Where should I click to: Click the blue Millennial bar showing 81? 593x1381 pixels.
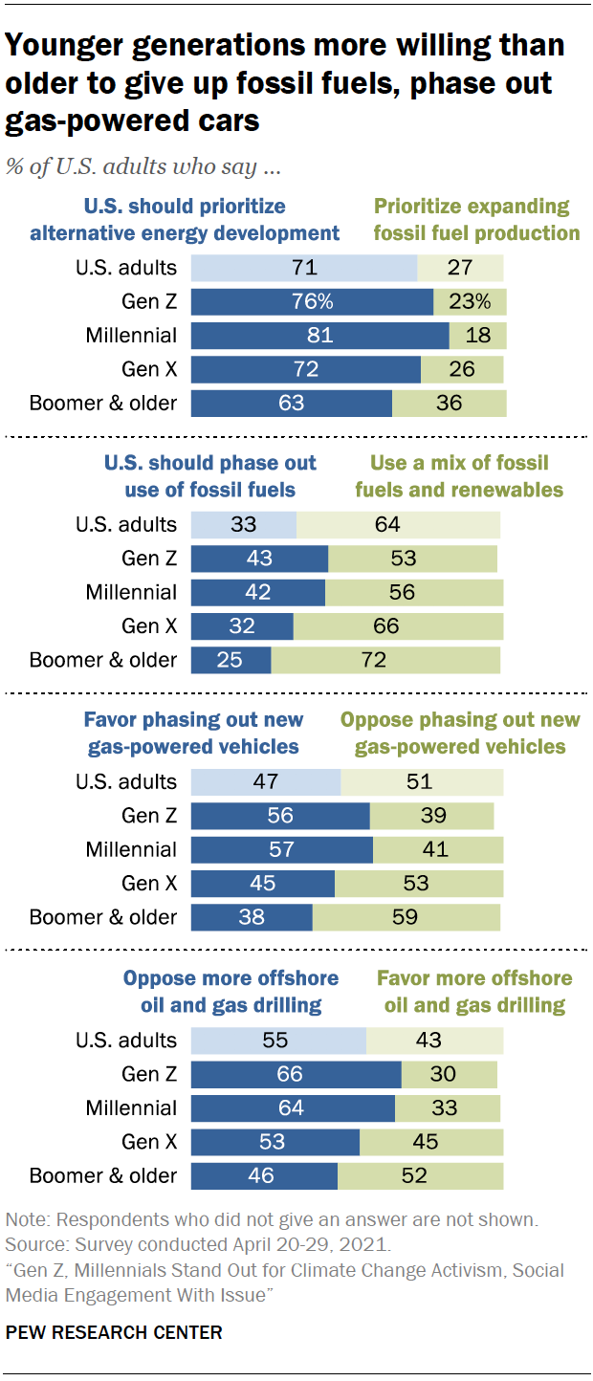[x=319, y=336]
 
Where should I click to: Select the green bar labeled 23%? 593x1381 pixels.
[x=471, y=302]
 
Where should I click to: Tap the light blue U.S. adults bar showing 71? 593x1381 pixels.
[x=304, y=269]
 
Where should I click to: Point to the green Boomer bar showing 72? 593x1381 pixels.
[x=385, y=660]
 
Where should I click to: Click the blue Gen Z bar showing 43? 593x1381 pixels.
[x=259, y=559]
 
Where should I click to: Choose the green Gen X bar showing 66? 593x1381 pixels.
[x=398, y=626]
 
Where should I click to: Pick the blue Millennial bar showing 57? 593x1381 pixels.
[x=281, y=849]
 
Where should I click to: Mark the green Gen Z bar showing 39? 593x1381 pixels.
[x=431, y=816]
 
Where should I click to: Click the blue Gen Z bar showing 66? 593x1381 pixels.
[x=296, y=1074]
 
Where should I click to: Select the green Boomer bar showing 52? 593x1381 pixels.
[x=420, y=1175]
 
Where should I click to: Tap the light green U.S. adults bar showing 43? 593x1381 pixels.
[x=434, y=1041]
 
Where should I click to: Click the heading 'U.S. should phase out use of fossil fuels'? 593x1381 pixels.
[x=209, y=476]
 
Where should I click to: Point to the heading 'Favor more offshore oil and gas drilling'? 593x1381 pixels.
[x=474, y=992]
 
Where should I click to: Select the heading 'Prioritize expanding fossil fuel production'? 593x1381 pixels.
[x=476, y=220]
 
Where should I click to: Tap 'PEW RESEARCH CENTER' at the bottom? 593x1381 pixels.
[x=114, y=1332]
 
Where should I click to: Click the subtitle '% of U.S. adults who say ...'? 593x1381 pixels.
[x=143, y=166]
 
